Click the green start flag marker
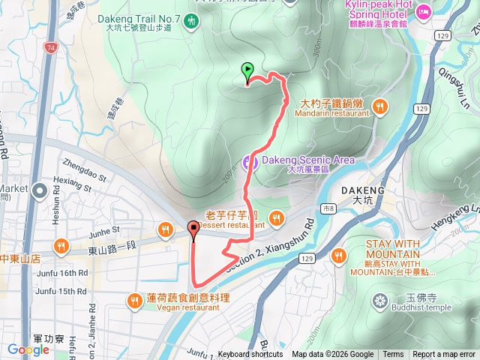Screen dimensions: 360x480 tap(247, 72)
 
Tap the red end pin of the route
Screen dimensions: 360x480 tap(194, 231)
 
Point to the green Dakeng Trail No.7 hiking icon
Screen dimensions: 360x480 tap(192, 21)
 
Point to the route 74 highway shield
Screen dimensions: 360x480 tap(50, 47)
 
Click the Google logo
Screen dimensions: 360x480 tap(28, 349)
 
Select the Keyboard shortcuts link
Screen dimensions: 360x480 tap(250, 355)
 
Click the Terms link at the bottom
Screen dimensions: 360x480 tap(393, 355)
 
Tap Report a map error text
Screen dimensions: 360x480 tap(444, 355)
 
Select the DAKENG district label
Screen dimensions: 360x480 tap(363, 190)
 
